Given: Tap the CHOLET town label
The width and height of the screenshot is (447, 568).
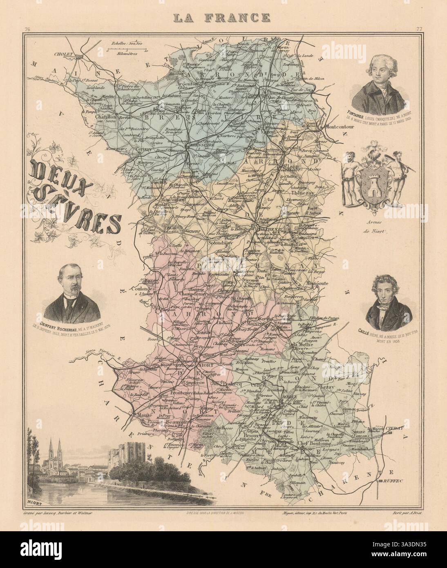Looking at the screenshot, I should pyautogui.click(x=60, y=53).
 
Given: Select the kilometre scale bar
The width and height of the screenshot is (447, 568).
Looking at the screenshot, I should pyautogui.click(x=123, y=50).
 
